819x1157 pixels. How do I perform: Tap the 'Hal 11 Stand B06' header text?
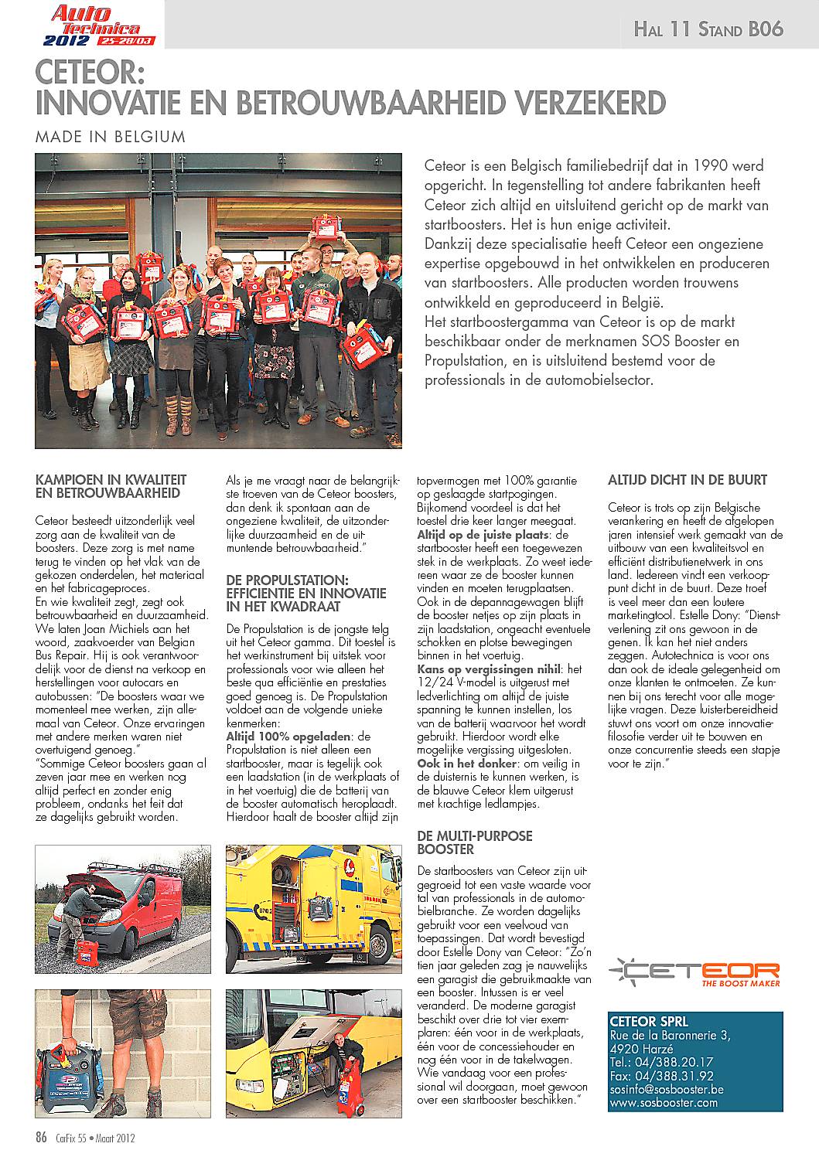click(708, 29)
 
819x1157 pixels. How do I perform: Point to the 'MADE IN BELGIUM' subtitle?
click(111, 137)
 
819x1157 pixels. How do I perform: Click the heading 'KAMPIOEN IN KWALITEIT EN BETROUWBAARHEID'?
click(111, 486)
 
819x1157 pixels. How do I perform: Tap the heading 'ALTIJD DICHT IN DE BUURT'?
click(688, 480)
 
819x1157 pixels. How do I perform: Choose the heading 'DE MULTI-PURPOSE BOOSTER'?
click(474, 842)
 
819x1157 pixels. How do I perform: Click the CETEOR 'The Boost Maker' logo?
click(693, 973)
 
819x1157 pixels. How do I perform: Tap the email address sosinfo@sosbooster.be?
click(667, 1089)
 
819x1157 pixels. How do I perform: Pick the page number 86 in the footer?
click(42, 1137)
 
